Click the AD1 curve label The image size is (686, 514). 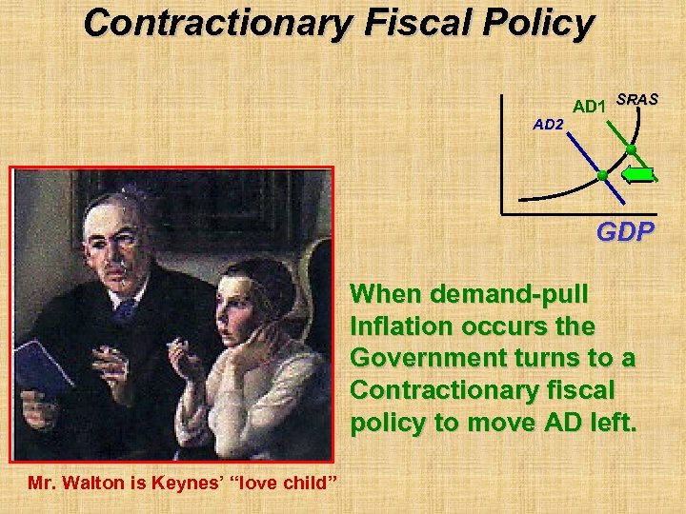pyautogui.click(x=589, y=106)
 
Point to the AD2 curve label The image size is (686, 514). pyautogui.click(x=548, y=125)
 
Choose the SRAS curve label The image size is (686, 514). pyautogui.click(x=637, y=99)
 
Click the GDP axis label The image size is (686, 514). pyautogui.click(x=625, y=230)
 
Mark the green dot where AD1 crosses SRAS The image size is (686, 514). pyautogui.click(x=631, y=150)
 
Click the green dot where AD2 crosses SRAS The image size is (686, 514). pyautogui.click(x=602, y=175)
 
